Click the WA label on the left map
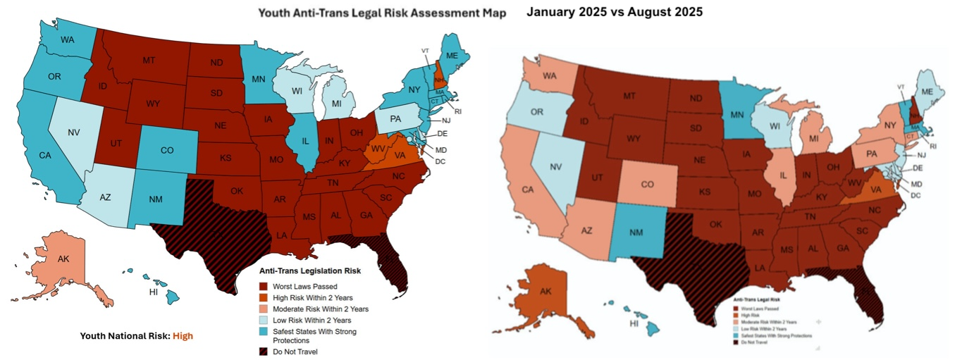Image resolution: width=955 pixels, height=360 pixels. click(x=68, y=39)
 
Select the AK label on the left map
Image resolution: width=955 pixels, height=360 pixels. click(x=63, y=259)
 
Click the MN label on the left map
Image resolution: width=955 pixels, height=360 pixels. click(x=259, y=78)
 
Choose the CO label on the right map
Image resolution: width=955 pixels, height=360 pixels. click(x=649, y=165)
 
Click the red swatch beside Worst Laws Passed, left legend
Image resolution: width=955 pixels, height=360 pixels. click(x=265, y=286)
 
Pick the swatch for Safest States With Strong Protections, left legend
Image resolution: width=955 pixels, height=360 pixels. click(x=265, y=331)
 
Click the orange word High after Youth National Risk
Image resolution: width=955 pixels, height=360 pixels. click(x=183, y=336)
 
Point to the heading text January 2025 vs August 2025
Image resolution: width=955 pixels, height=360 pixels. click(x=615, y=13)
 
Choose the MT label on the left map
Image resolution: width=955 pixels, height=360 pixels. click(x=148, y=61)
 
